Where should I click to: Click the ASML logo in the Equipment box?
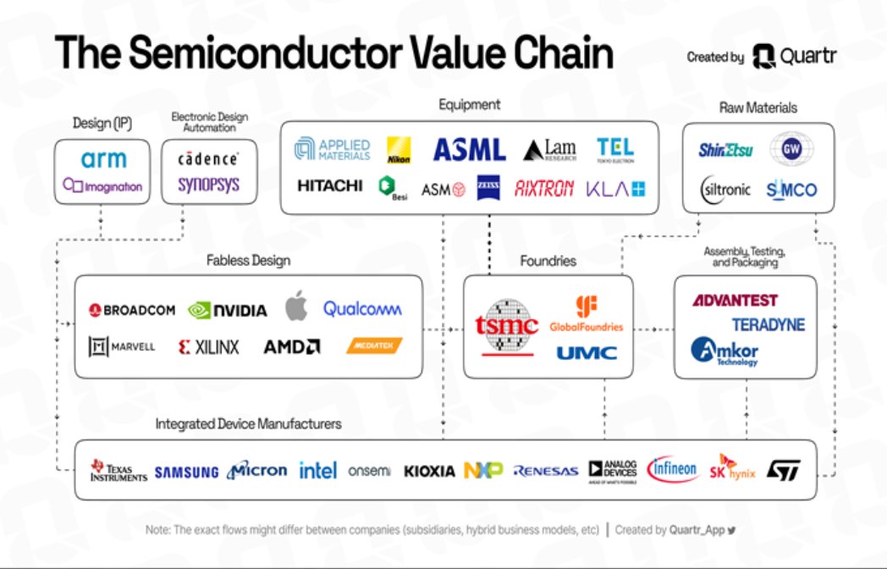[x=470, y=150]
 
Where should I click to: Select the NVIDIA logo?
[x=227, y=310]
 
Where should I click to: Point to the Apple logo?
[x=295, y=307]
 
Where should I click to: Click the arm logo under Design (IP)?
[x=103, y=158]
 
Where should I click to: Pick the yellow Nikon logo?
[x=399, y=150]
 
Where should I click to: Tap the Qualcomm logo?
[x=362, y=309]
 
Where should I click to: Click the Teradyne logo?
[x=769, y=324]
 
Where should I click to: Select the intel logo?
[x=318, y=470]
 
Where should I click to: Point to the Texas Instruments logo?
[x=118, y=470]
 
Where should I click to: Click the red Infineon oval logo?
[x=673, y=468]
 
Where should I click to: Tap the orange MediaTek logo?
[x=373, y=345]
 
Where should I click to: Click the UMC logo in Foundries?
[x=587, y=352]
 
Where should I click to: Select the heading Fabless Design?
[x=248, y=261]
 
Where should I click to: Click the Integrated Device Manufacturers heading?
[x=248, y=423]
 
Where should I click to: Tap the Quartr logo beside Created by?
[x=793, y=57]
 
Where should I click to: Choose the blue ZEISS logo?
[x=488, y=188]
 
